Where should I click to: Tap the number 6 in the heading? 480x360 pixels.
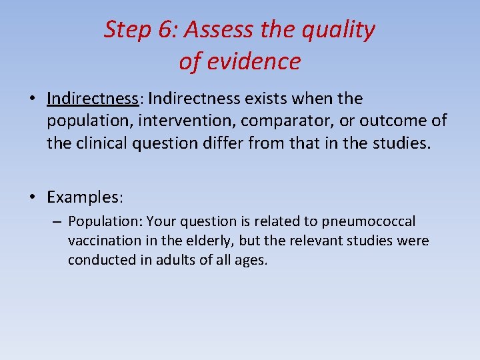click(165, 30)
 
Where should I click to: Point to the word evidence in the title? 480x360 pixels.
click(255, 61)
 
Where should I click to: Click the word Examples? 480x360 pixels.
click(85, 197)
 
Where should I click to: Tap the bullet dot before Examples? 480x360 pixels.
click(33, 197)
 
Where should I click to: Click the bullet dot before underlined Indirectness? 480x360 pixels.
click(33, 99)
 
